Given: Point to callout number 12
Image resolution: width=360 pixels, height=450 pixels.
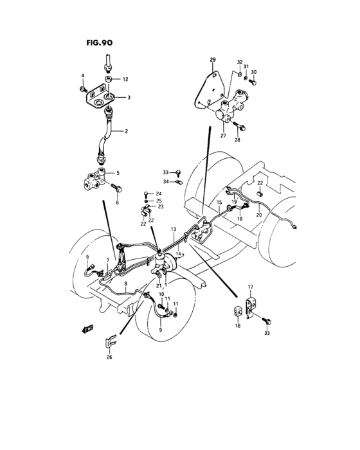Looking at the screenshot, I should (125, 79).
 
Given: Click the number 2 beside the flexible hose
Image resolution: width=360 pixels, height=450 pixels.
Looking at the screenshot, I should (126, 131).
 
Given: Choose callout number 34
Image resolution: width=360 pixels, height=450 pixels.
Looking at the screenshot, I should (165, 182).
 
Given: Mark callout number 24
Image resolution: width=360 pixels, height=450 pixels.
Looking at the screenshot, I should (159, 193).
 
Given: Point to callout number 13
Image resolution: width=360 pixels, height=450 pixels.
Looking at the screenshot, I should (173, 229).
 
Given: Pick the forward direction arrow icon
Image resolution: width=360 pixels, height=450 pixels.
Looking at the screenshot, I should (83, 328).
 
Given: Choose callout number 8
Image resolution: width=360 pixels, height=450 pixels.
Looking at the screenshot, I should (126, 283).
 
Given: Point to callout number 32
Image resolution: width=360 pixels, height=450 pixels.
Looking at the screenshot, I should (240, 63).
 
